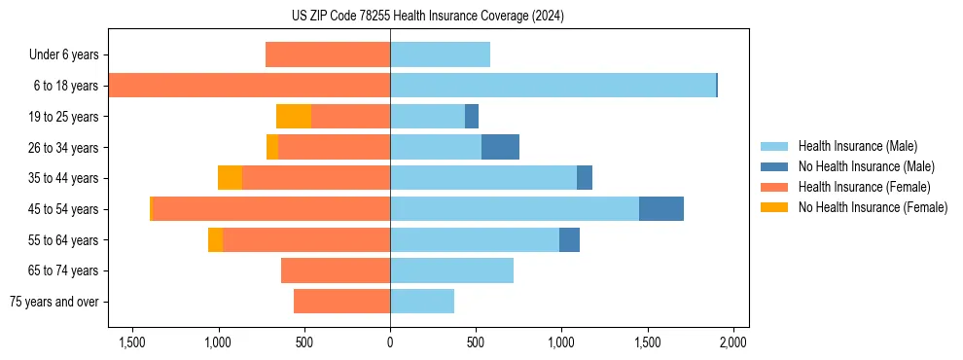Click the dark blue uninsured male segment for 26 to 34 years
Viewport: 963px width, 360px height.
click(x=500, y=147)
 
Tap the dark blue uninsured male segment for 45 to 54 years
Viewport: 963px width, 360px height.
click(x=661, y=209)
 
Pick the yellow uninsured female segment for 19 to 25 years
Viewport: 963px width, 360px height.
click(x=294, y=117)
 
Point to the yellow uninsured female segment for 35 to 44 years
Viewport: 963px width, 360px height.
click(x=230, y=178)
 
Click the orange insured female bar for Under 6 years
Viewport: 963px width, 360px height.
click(x=328, y=54)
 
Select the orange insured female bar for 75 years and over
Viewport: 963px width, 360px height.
click(x=341, y=302)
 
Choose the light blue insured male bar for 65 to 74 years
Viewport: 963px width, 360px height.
click(x=451, y=270)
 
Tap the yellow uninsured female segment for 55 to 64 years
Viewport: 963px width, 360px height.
click(x=215, y=240)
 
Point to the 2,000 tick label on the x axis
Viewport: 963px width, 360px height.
click(x=732, y=342)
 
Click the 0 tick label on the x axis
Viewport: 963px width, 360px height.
click(x=390, y=342)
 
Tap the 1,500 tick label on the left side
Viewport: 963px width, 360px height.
click(x=132, y=342)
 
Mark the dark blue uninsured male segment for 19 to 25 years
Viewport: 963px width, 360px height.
click(x=472, y=117)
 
